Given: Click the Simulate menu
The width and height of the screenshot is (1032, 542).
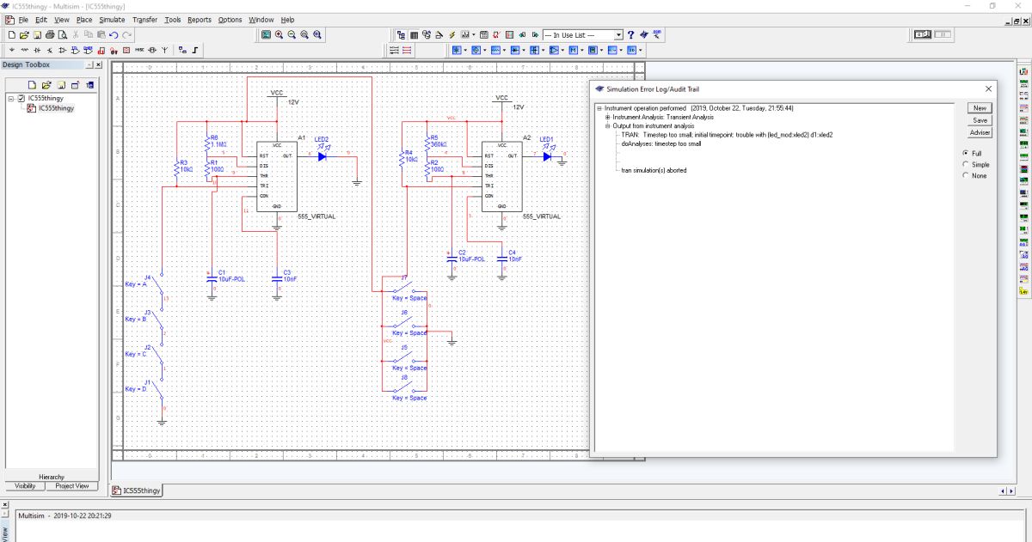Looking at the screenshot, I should tap(112, 19).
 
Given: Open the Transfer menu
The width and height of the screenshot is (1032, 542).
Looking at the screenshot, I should tap(144, 19).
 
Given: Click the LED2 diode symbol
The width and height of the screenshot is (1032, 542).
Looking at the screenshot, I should tap(322, 156).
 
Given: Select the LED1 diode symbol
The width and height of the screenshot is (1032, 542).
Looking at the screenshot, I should tap(546, 156).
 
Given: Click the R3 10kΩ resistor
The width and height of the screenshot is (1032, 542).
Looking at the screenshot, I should tap(176, 167).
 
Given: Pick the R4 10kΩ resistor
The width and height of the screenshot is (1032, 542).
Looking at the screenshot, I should tap(401, 157).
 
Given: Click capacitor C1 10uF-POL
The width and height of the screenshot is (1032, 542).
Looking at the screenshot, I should tap(212, 277).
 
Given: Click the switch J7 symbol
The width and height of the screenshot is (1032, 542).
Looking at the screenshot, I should tap(404, 286).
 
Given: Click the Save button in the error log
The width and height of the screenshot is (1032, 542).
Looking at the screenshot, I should tap(980, 120).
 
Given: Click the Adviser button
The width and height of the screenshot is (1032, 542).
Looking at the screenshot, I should tap(980, 132).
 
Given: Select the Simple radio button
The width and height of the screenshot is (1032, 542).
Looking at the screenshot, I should tap(966, 164).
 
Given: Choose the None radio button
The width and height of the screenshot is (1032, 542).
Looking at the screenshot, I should tap(966, 175).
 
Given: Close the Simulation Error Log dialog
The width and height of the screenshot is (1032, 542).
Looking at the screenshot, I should tap(988, 88).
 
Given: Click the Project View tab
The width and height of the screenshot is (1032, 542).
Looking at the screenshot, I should tap(72, 485).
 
